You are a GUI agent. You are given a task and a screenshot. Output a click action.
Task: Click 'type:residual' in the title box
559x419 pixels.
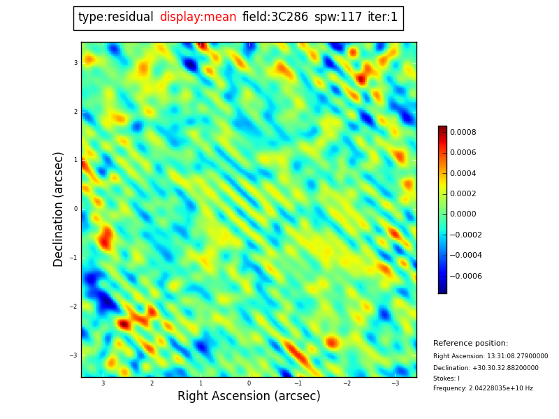pyautogui.click(x=116, y=17)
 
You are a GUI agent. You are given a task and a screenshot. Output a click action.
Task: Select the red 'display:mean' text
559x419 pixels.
pyautogui.click(x=198, y=17)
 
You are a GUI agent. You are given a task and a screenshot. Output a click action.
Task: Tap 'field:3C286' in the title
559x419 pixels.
pyautogui.click(x=275, y=17)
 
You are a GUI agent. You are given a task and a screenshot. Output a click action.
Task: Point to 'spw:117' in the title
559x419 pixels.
pyautogui.click(x=338, y=17)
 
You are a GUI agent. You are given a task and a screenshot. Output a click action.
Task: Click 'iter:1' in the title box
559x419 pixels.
pyautogui.click(x=382, y=17)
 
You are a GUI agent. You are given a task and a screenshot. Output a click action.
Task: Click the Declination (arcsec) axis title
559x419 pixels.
pyautogui.click(x=58, y=209)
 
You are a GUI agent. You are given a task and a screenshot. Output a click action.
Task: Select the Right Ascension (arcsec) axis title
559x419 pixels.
pyautogui.click(x=249, y=396)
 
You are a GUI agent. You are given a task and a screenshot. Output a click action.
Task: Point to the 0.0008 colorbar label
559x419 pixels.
pyautogui.click(x=463, y=132)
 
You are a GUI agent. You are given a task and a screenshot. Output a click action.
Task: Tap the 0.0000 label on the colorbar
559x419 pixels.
pyautogui.click(x=463, y=214)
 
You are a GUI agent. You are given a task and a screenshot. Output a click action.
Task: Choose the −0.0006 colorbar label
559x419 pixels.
pyautogui.click(x=465, y=276)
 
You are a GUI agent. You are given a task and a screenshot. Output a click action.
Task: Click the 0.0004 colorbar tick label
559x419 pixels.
pyautogui.click(x=463, y=173)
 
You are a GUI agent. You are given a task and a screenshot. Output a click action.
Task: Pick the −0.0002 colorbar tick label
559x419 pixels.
pyautogui.click(x=465, y=235)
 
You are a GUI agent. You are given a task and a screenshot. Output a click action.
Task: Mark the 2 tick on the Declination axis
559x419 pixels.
pyautogui.click(x=75, y=112)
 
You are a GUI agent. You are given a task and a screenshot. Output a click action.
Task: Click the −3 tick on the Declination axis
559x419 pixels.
pyautogui.click(x=73, y=355)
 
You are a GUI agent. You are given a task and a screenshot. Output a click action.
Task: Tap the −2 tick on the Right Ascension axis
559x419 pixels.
pyautogui.click(x=347, y=383)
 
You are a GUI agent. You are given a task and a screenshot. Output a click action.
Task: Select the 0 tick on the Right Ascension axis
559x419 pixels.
pyautogui.click(x=249, y=383)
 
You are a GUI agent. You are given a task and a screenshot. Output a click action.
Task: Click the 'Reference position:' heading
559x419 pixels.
pyautogui.click(x=470, y=343)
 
